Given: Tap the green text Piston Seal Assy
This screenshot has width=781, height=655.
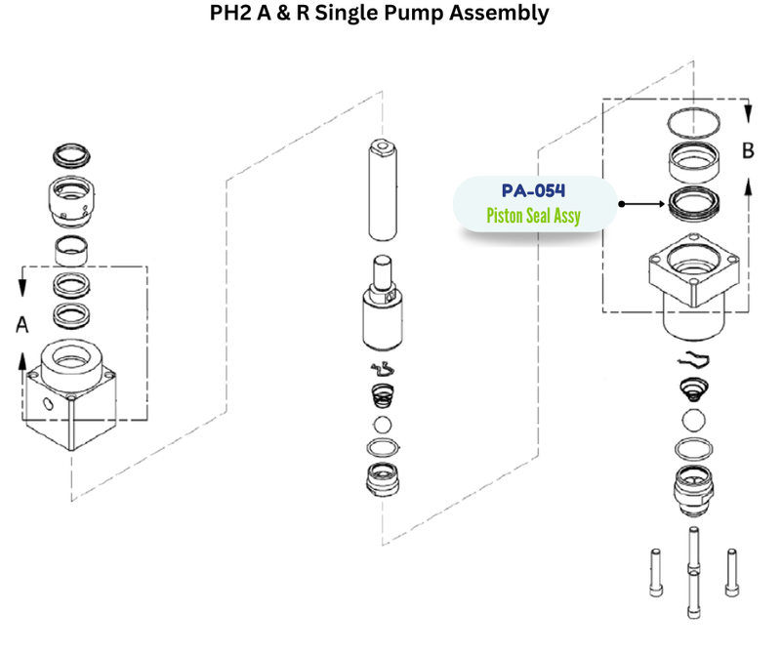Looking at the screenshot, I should (534, 214).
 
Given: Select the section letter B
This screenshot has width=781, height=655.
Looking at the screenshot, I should (749, 151).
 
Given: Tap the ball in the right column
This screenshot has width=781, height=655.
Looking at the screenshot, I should (695, 420).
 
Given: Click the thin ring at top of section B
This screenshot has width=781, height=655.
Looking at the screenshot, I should (695, 124).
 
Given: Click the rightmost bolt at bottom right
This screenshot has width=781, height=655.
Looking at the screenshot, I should (731, 576).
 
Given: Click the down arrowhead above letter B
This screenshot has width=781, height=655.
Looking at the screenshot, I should (749, 114).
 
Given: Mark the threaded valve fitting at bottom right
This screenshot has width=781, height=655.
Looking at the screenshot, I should (694, 489).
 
